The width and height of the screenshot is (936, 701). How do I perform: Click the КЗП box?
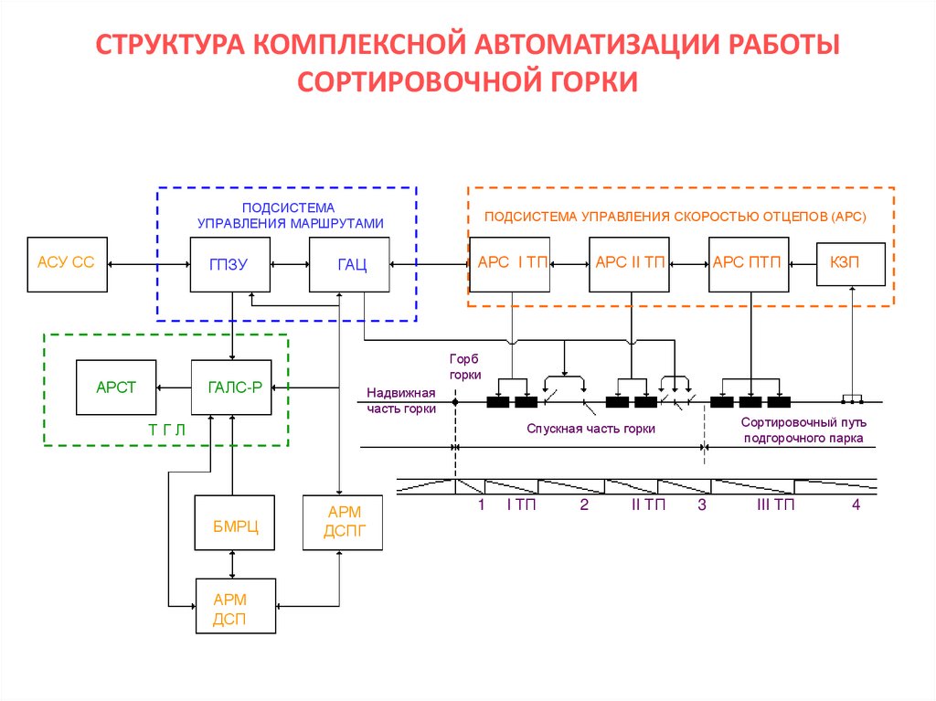pos(850,263)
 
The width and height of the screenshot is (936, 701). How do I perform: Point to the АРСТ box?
pos(115,388)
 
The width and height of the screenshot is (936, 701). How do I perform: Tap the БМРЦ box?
pos(235,524)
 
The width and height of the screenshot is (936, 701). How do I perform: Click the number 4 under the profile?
pos(856,505)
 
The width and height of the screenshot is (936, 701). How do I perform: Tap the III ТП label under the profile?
pos(775,505)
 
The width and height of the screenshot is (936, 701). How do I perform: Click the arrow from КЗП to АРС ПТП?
pos(803,263)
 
